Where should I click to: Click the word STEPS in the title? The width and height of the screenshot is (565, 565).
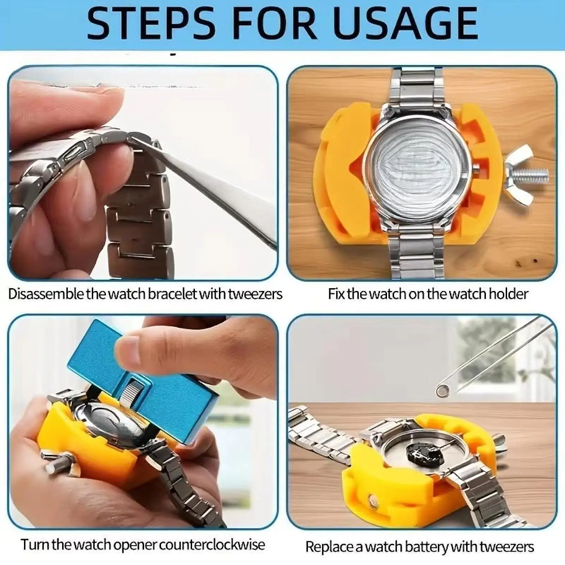(x=151, y=23)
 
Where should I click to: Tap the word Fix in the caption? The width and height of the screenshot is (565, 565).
(x=337, y=294)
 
